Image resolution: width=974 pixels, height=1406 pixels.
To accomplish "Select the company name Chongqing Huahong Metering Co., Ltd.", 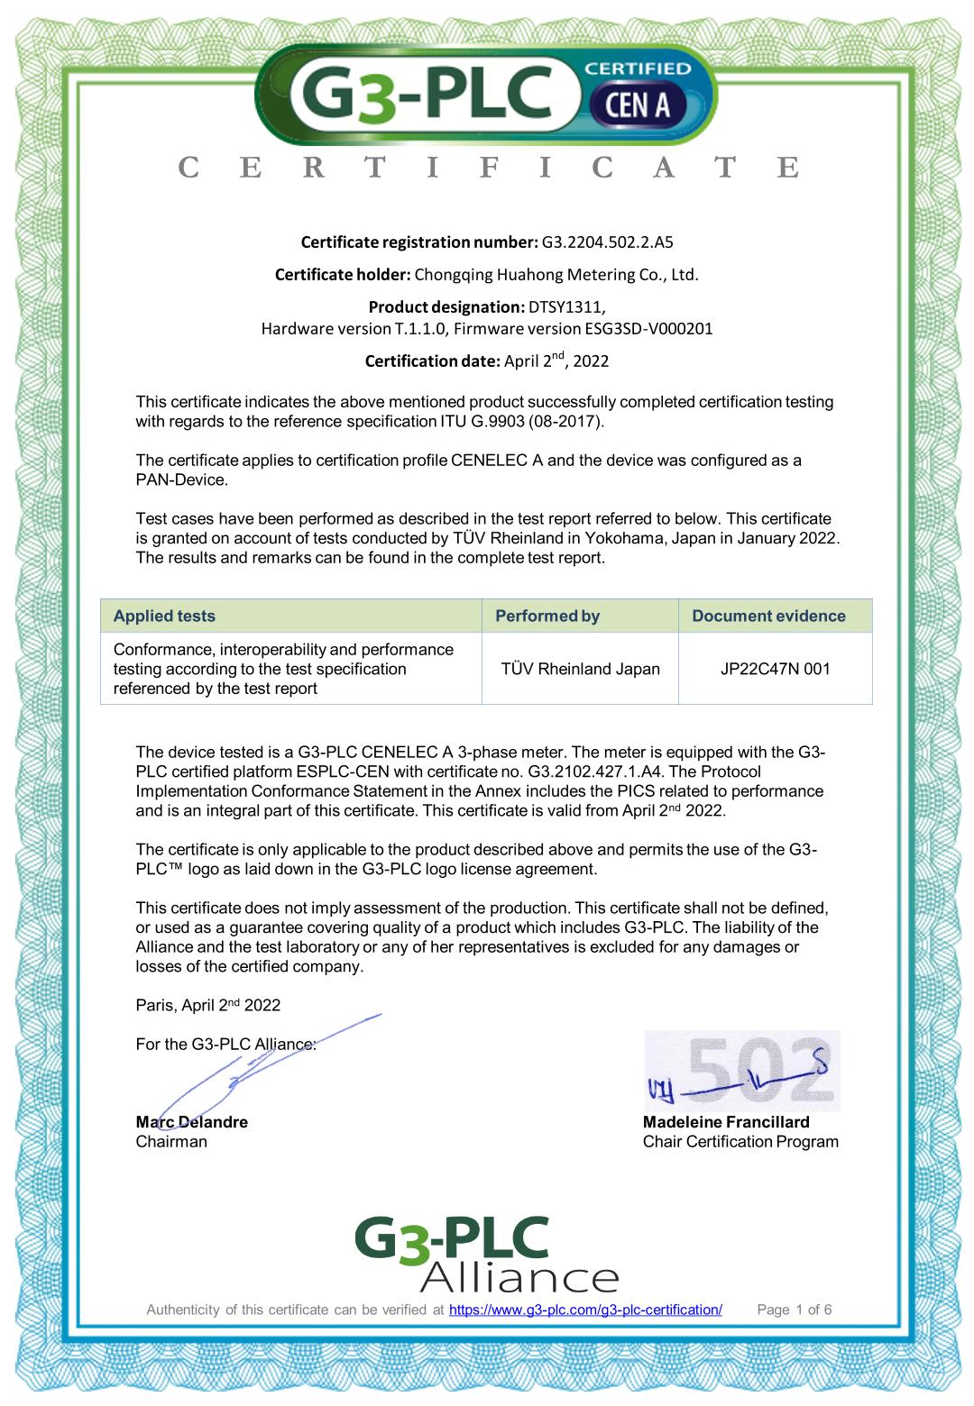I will (556, 274).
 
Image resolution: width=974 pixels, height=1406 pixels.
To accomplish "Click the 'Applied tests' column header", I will (164, 616).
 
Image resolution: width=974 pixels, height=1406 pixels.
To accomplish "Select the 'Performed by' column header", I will (547, 616).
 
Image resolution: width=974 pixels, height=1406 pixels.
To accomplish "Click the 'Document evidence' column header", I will (768, 616).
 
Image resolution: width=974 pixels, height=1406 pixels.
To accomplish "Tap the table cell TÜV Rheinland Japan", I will (580, 669).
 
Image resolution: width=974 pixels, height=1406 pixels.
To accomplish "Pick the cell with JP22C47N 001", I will (775, 669).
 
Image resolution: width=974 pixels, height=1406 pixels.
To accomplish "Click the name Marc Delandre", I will (191, 1122).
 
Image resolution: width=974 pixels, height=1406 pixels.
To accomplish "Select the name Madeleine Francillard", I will (726, 1122).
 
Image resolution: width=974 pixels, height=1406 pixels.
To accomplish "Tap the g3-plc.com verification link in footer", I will (585, 1310).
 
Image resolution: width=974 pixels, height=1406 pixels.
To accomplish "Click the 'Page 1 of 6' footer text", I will (794, 1310).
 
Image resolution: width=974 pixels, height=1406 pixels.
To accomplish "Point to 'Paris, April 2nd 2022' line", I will (207, 1005).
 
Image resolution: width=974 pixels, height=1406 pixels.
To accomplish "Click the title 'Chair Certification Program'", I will (740, 1142).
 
